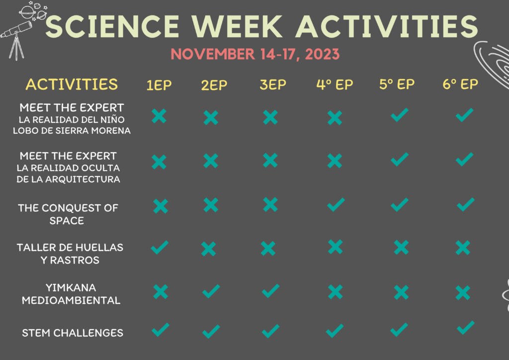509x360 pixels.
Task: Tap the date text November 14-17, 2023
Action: pyautogui.click(x=255, y=54)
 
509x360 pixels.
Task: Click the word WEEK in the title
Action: pyautogui.click(x=237, y=26)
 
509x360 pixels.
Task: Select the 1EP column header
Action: pyautogui.click(x=159, y=85)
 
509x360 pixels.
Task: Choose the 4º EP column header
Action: pyautogui.click(x=335, y=85)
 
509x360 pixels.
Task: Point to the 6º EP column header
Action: pyautogui.click(x=460, y=84)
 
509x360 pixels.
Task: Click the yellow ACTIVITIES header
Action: pyautogui.click(x=72, y=85)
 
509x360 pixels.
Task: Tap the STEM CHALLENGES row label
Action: pyautogui.click(x=73, y=333)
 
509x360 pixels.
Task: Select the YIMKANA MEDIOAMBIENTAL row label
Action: pyautogui.click(x=71, y=294)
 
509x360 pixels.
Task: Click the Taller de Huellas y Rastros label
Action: pyautogui.click(x=70, y=254)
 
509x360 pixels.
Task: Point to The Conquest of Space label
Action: pyautogui.click(x=68, y=214)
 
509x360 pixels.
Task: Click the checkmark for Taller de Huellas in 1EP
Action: pyautogui.click(x=160, y=247)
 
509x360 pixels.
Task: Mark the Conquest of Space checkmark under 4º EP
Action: pyautogui.click(x=336, y=204)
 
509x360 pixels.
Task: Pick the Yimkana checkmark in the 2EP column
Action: pyautogui.click(x=211, y=291)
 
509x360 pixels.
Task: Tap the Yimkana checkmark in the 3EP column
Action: pyautogui.click(x=270, y=290)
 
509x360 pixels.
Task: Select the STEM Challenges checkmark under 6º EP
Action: pyautogui.click(x=465, y=328)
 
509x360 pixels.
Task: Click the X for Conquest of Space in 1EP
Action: pyautogui.click(x=161, y=206)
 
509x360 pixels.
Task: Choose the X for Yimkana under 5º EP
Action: pyautogui.click(x=401, y=292)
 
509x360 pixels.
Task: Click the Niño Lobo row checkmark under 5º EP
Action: pyautogui.click(x=399, y=115)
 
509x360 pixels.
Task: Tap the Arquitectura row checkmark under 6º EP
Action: pyautogui.click(x=465, y=159)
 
